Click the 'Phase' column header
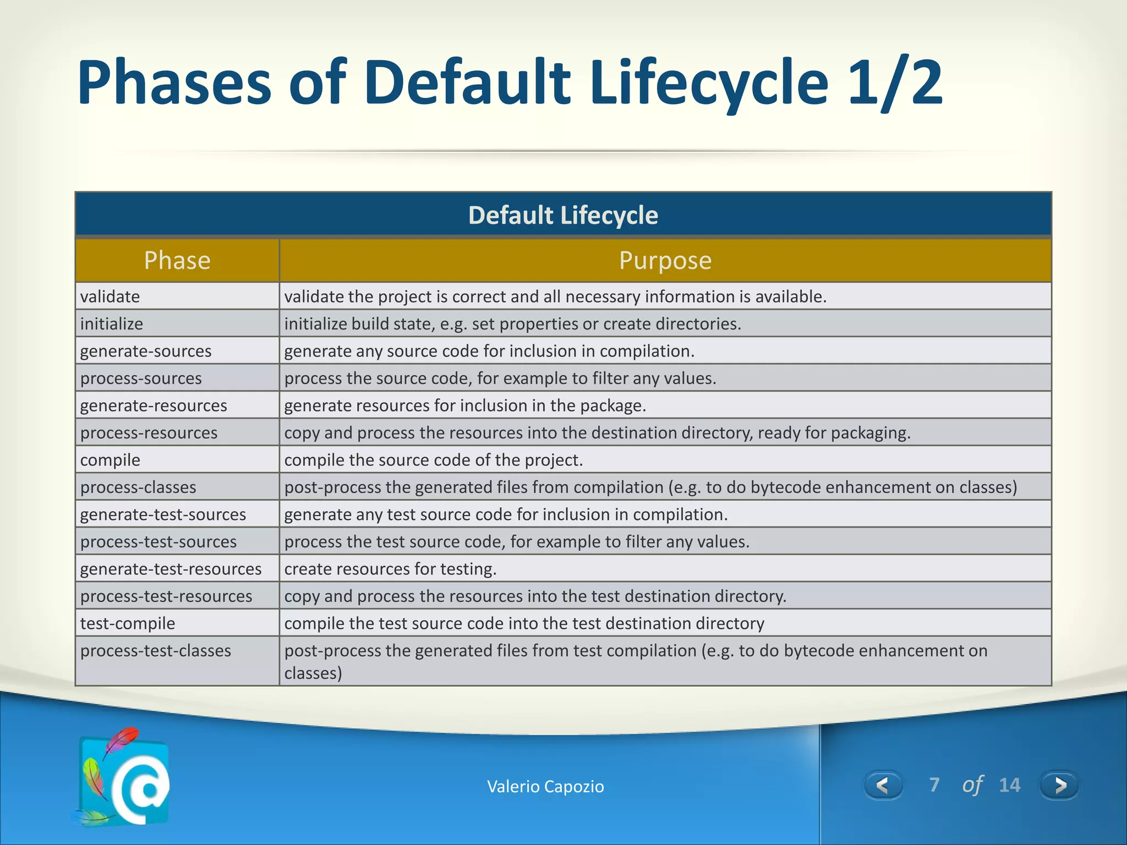[x=177, y=260]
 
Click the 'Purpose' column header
[x=665, y=260]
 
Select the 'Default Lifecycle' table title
[x=563, y=215]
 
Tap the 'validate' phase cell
[x=110, y=297]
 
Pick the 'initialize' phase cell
[x=112, y=323]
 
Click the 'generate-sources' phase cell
[x=146, y=351]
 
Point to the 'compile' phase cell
[x=110, y=460]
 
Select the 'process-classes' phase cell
[x=138, y=487]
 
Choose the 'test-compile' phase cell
[x=128, y=623]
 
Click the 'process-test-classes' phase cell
[x=156, y=651]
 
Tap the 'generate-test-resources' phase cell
[x=171, y=569]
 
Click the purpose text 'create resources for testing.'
[x=390, y=569]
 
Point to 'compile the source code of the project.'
[x=433, y=460]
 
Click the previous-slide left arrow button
[x=883, y=785]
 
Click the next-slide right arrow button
[x=1059, y=785]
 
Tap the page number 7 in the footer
[x=934, y=784]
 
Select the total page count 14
[x=1009, y=785]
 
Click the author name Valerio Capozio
[x=545, y=787]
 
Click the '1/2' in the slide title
[x=895, y=83]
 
